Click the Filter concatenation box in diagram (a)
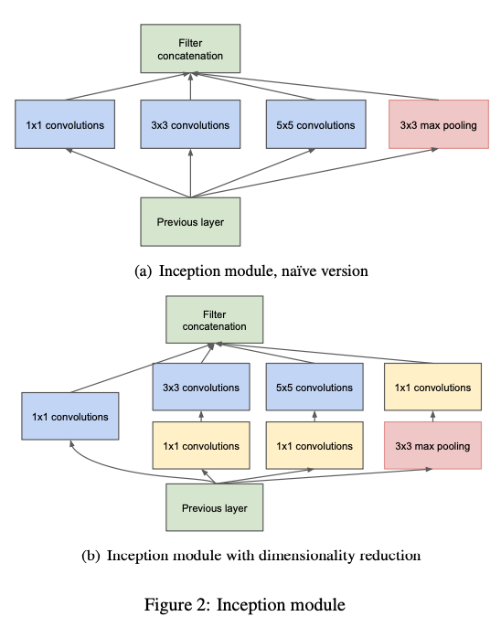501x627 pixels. click(x=190, y=48)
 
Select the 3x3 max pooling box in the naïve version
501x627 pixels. click(x=439, y=124)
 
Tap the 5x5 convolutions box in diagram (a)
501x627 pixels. click(x=316, y=124)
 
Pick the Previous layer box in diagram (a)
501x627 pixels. click(x=190, y=221)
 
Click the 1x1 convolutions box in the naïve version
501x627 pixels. click(x=65, y=124)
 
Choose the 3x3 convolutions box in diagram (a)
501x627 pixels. click(x=190, y=124)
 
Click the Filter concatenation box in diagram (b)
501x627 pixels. click(x=214, y=320)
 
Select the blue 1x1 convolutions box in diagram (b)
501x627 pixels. click(x=70, y=416)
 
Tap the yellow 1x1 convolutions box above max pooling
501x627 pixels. click(x=432, y=387)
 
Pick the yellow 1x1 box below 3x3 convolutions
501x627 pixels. click(x=201, y=445)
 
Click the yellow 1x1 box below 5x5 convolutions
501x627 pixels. click(x=314, y=445)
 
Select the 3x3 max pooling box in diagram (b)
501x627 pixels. click(x=432, y=445)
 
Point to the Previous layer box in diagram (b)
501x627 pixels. click(x=214, y=507)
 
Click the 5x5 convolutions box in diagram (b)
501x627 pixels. click(x=314, y=387)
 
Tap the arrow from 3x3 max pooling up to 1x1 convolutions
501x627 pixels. click(x=432, y=416)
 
